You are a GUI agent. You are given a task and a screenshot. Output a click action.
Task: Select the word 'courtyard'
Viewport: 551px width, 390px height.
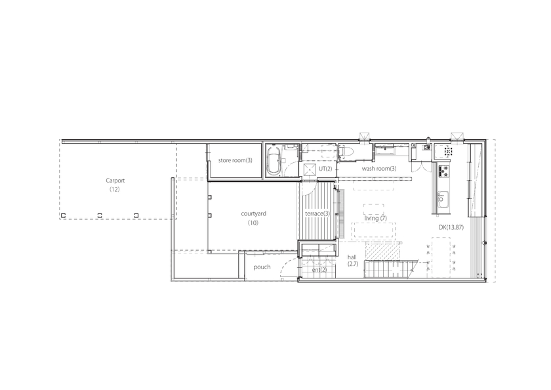[x=253, y=214]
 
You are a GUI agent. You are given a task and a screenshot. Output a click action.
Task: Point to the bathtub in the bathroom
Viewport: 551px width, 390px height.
[x=274, y=162]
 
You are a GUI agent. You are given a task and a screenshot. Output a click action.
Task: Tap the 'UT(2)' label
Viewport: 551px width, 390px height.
[x=325, y=169]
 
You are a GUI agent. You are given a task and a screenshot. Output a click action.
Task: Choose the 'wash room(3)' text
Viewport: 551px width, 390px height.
[x=379, y=169]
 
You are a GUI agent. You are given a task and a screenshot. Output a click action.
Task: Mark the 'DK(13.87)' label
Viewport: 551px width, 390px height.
[x=451, y=227]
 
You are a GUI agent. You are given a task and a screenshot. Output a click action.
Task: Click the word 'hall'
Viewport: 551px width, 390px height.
[x=352, y=257]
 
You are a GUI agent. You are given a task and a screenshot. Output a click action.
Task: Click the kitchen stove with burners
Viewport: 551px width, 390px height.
[x=443, y=171]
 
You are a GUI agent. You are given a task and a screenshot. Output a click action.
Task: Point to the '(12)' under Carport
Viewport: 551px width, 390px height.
[x=115, y=190]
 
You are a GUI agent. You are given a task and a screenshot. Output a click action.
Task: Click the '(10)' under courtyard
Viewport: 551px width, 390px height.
[x=253, y=223]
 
